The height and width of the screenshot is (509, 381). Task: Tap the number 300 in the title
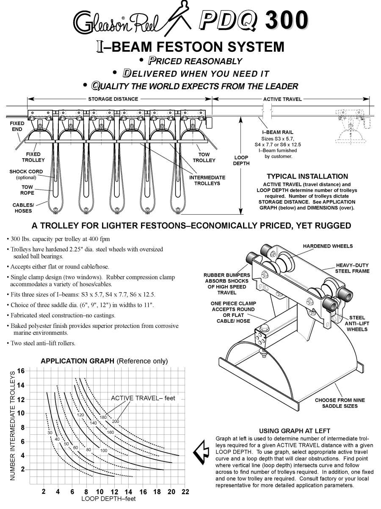286,20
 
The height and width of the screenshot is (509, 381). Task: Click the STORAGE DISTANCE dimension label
113,99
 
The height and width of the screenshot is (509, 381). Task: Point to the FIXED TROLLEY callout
33,157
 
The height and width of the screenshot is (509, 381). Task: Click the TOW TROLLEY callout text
204,158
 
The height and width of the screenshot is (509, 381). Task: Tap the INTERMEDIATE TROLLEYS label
207,181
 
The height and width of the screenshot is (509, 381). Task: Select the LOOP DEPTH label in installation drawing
241,160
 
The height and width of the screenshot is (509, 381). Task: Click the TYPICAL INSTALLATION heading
307,176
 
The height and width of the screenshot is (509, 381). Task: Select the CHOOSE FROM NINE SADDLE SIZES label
340,403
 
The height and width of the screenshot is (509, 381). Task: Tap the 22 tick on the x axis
185,492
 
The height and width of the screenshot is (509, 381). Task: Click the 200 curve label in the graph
116,421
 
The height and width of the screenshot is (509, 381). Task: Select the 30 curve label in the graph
50,433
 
